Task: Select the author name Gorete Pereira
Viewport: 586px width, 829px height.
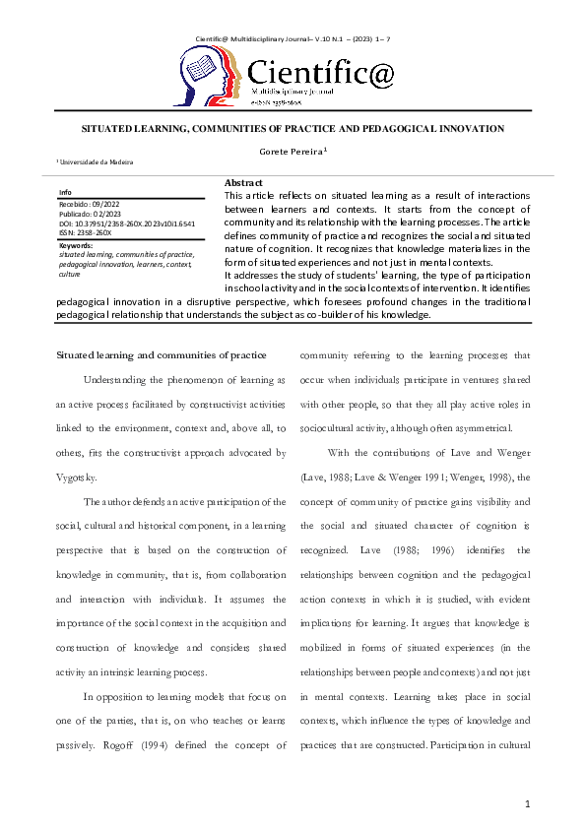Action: click(292, 153)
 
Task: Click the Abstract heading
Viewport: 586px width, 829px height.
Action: click(243, 184)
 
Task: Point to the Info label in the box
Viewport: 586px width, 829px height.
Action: click(65, 192)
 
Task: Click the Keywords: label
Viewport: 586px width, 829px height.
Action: click(77, 244)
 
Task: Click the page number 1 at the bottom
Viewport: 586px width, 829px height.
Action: click(528, 804)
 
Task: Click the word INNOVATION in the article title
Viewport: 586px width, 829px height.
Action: click(468, 129)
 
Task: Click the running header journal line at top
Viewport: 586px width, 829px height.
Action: click(293, 11)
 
